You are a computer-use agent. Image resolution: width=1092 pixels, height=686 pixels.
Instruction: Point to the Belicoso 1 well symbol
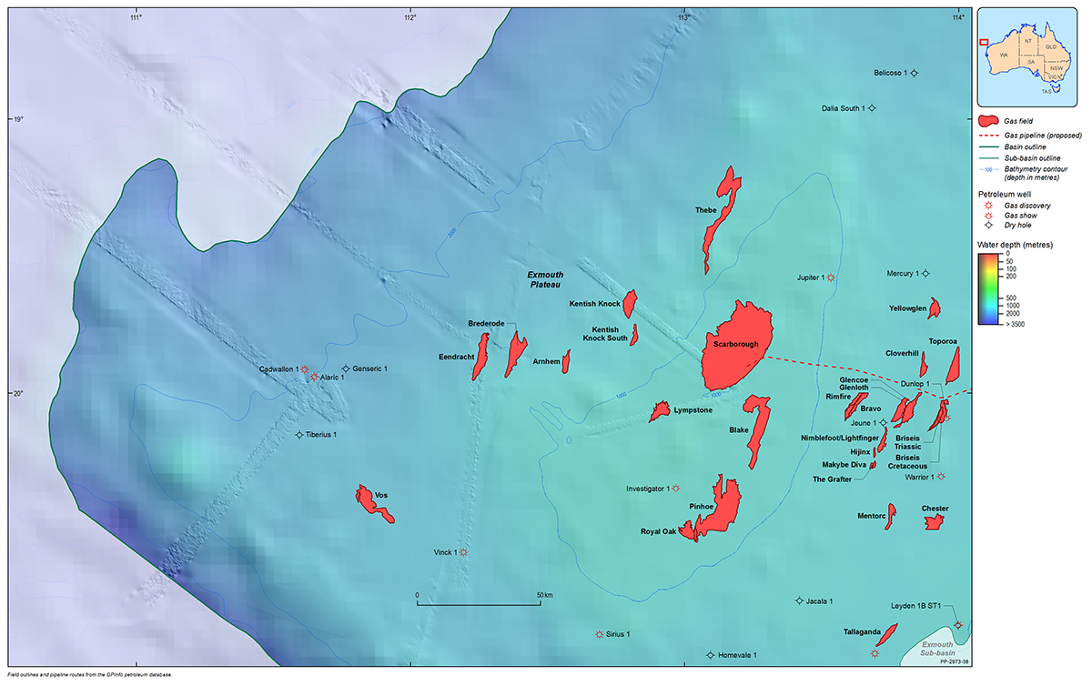click(915, 73)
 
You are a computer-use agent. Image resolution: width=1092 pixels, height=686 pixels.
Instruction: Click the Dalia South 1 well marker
click(871, 108)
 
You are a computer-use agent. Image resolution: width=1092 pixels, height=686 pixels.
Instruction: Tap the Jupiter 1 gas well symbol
click(830, 277)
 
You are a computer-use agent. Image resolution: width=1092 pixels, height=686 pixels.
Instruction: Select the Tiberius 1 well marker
click(299, 435)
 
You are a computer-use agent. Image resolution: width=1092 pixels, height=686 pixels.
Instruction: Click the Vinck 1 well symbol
click(463, 552)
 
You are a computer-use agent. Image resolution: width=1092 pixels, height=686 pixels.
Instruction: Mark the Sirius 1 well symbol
click(599, 634)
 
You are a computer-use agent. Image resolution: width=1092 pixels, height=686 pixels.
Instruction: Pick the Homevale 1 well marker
click(710, 655)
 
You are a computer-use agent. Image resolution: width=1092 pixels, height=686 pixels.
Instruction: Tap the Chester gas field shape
click(934, 521)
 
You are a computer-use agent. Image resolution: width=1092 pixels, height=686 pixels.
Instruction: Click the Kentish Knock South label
click(604, 334)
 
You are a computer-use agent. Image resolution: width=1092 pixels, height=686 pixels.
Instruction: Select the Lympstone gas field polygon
click(659, 412)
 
